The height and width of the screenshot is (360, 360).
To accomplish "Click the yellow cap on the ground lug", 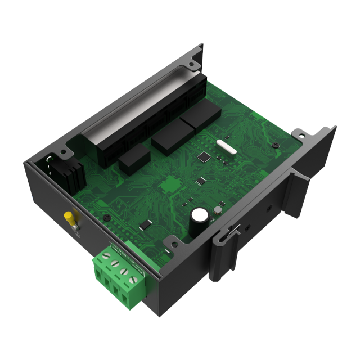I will coord(70,217).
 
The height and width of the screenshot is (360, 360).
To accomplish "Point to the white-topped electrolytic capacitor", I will coord(198,215).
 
